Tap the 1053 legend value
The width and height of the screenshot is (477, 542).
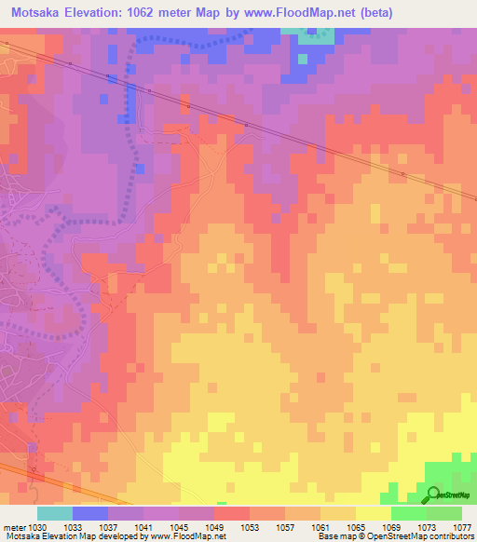coord(250,526)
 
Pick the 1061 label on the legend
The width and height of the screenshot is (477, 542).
coord(320,526)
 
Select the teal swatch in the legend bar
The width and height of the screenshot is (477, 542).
coord(55,513)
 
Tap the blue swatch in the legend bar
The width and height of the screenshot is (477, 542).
coord(90,513)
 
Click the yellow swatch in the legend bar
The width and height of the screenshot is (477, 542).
coord(373,513)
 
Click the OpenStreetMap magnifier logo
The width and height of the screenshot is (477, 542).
coord(435,494)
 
